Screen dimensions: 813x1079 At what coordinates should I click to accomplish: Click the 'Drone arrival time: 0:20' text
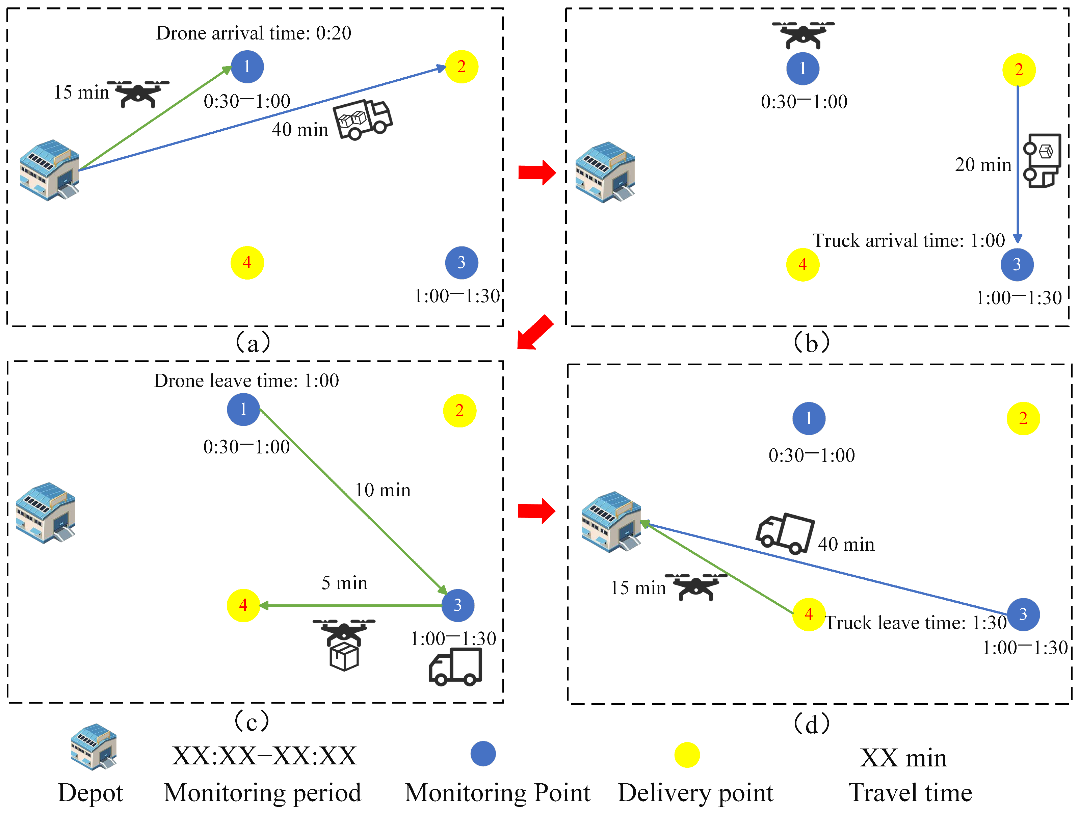[x=253, y=33]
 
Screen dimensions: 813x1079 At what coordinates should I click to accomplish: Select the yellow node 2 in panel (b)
[x=1019, y=70]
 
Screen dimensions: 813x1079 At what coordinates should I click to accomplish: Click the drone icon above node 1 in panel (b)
[x=802, y=34]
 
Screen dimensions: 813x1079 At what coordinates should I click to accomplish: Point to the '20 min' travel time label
[x=982, y=165]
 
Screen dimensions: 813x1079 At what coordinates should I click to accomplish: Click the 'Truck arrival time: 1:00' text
[x=908, y=240]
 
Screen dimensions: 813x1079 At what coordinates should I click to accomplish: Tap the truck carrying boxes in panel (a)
[x=363, y=120]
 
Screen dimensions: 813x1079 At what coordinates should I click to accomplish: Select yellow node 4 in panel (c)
[x=243, y=605]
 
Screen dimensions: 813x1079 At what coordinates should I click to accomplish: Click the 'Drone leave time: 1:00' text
[x=246, y=381]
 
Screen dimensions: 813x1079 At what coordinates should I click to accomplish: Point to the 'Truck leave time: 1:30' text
[x=915, y=623]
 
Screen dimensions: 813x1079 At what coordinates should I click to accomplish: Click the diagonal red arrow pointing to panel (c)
[x=535, y=333]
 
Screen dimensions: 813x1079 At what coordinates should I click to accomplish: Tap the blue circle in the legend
[x=482, y=754]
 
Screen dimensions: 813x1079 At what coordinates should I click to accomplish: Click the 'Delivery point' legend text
[x=695, y=792]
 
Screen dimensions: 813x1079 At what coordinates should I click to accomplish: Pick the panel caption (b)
[x=811, y=343]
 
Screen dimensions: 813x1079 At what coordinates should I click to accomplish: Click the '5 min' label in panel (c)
[x=344, y=583]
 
